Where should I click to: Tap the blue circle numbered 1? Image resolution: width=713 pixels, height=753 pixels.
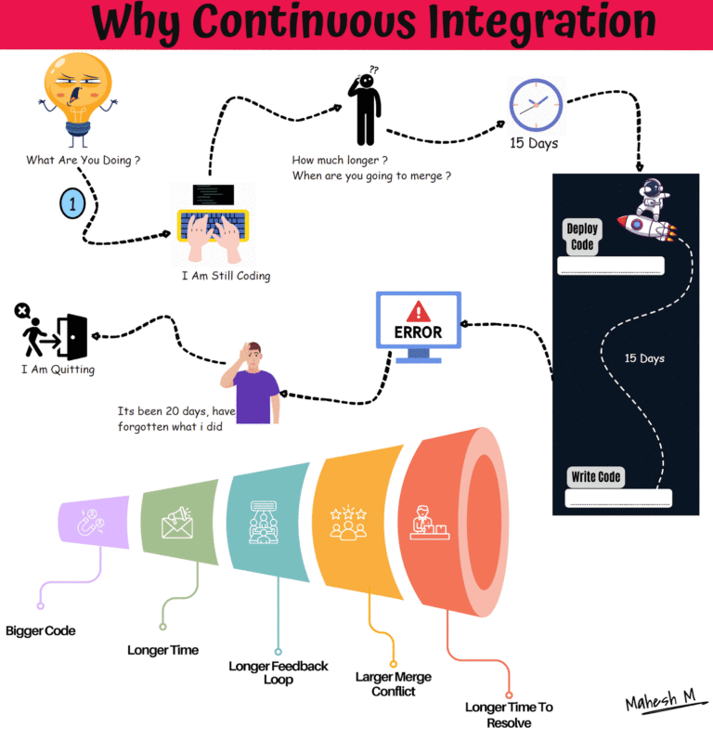point(72,203)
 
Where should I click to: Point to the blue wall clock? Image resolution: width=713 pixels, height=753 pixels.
point(535,105)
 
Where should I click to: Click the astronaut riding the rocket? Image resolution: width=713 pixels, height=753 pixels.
point(649,211)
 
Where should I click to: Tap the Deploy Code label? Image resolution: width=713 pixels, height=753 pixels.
point(584,238)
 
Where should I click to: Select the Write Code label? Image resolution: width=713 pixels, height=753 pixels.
point(596,477)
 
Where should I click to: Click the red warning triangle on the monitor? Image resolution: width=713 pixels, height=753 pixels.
point(419,310)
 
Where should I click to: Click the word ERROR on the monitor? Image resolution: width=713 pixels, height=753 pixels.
point(419,331)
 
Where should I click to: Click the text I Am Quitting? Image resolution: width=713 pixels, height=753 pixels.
point(58,370)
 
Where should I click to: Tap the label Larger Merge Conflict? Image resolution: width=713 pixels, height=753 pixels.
point(394,683)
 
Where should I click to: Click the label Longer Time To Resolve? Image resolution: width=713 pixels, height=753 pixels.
point(509,714)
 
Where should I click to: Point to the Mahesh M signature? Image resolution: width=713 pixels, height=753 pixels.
point(660,703)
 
